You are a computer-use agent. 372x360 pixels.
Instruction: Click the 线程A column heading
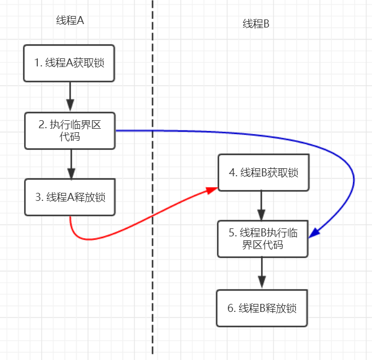[70, 21]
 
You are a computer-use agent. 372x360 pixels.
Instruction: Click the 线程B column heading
[256, 23]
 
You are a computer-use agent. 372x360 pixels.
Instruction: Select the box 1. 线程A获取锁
[70, 63]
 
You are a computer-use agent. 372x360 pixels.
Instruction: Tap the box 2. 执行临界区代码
[70, 131]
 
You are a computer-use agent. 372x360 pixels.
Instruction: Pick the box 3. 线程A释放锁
[70, 197]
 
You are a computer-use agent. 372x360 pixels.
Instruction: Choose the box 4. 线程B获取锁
[263, 173]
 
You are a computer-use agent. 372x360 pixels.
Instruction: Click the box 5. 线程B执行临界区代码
[263, 239]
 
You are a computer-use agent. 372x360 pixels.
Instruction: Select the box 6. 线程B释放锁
[263, 308]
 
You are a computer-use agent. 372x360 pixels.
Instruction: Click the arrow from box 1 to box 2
[70, 96]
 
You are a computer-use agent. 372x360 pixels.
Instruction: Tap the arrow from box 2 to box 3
[70, 164]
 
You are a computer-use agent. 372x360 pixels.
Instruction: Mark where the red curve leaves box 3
[70, 217]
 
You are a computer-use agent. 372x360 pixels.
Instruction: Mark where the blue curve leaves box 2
[117, 131]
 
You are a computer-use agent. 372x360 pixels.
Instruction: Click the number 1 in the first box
[36, 63]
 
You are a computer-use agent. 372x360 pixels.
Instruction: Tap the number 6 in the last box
[231, 308]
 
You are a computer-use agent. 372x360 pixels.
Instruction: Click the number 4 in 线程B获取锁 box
[231, 173]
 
